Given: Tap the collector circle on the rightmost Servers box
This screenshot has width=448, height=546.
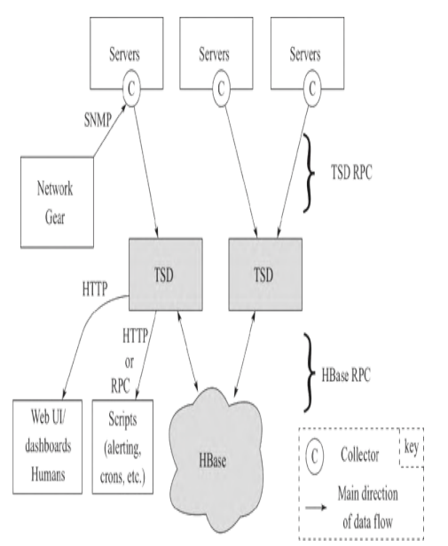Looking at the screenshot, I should coord(310,89).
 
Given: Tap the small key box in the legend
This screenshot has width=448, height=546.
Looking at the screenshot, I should coord(411,448).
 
